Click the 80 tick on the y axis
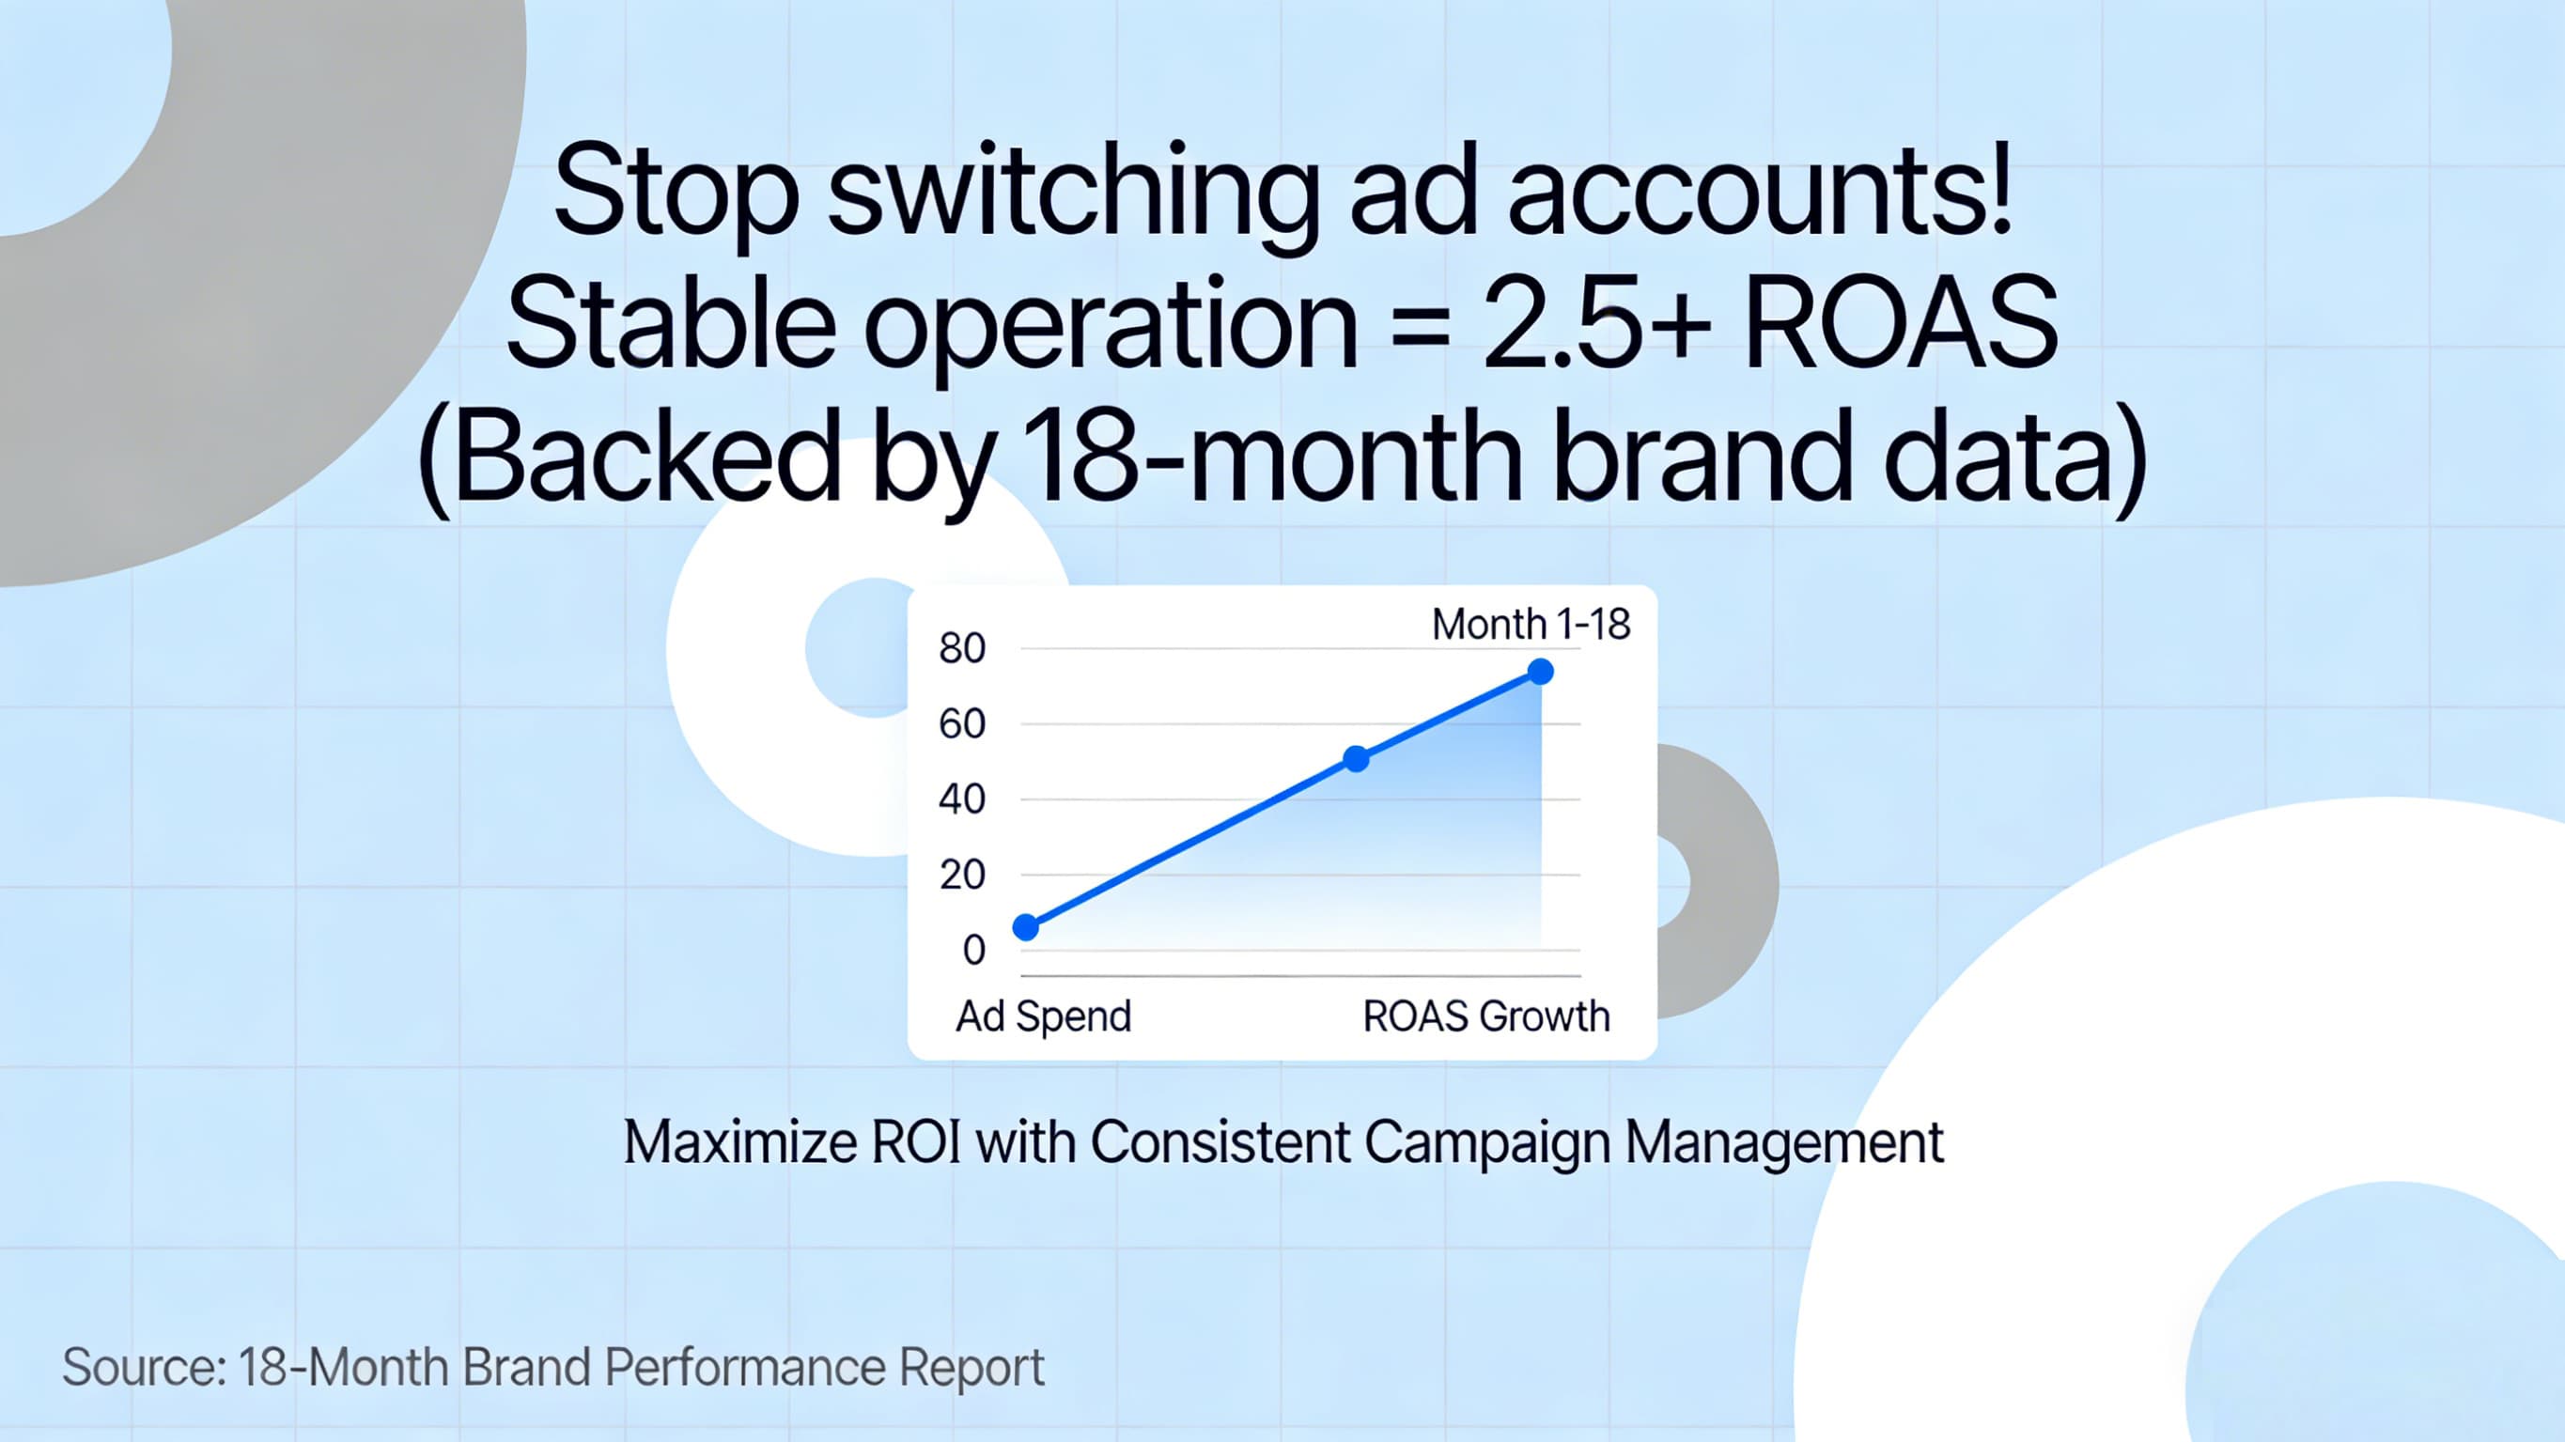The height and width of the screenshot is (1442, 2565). [x=962, y=648]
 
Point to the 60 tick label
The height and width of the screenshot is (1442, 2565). [x=962, y=724]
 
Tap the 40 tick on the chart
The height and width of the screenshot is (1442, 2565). [x=962, y=799]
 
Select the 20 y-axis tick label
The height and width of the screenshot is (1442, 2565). [x=962, y=875]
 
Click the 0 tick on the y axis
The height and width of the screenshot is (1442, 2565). [x=973, y=950]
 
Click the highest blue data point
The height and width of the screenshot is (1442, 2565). [x=1540, y=673]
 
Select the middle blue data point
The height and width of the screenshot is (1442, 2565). [x=1356, y=759]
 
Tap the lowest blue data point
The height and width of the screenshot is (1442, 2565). [x=1026, y=927]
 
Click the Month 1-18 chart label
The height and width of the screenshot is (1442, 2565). [x=1531, y=625]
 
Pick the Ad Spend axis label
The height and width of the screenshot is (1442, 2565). [x=1044, y=1016]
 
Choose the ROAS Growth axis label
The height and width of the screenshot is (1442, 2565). [x=1485, y=1016]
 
